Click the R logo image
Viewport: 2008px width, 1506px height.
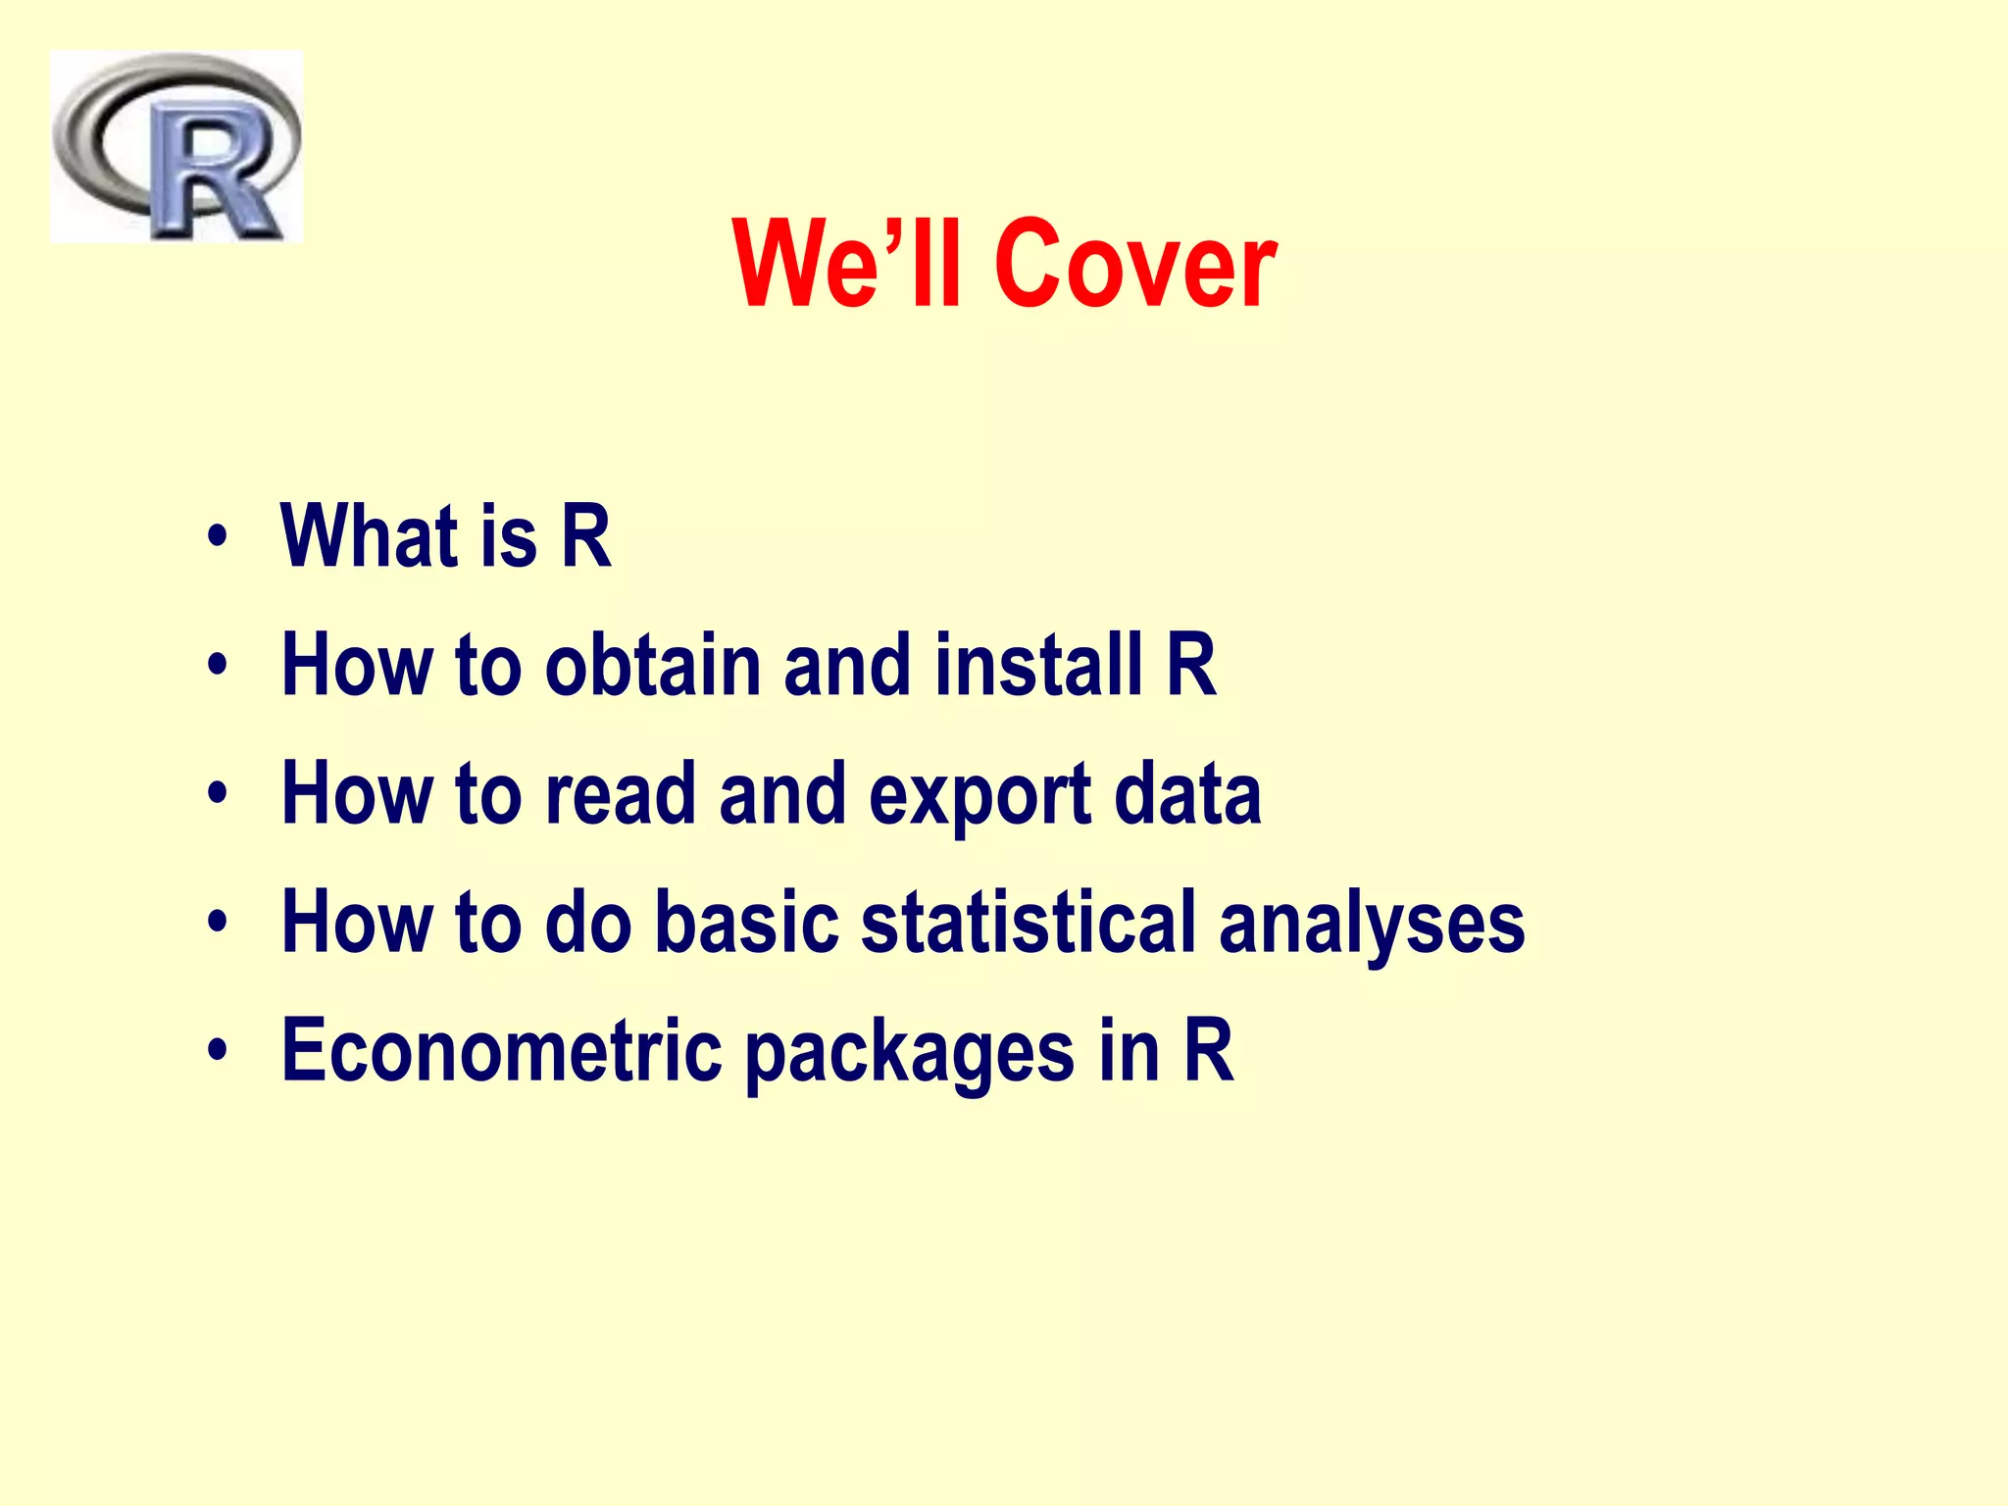(x=176, y=147)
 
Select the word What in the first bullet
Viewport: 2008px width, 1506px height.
(x=369, y=536)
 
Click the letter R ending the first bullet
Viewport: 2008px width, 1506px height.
(x=585, y=536)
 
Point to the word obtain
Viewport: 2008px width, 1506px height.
(x=653, y=666)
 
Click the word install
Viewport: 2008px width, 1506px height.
(x=1038, y=666)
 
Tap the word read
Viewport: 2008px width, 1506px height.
(x=620, y=794)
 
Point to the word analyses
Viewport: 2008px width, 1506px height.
(x=1372, y=925)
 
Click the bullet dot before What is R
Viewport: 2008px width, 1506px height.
(x=217, y=538)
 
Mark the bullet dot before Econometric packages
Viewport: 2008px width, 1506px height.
(x=217, y=1052)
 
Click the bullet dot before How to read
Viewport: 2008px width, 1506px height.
(x=217, y=795)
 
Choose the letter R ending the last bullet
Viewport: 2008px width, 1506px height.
(x=1208, y=1050)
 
